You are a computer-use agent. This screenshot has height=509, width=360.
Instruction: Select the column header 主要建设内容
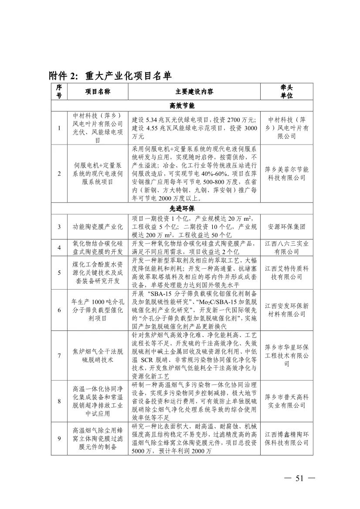(194, 92)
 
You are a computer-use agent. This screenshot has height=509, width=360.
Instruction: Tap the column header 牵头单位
(286, 92)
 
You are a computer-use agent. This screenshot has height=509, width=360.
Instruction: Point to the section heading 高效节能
(182, 106)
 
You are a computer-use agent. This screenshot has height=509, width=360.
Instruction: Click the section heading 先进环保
(182, 209)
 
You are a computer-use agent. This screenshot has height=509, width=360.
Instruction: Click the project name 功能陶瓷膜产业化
(97, 227)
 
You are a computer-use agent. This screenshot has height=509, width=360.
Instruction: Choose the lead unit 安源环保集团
(286, 227)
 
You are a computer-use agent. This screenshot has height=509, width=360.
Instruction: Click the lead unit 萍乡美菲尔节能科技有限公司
(286, 174)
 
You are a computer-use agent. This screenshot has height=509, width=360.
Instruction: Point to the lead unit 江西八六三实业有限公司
(286, 248)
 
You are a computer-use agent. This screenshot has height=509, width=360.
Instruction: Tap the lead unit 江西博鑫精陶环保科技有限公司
(286, 438)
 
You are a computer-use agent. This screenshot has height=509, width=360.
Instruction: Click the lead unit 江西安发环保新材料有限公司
(286, 310)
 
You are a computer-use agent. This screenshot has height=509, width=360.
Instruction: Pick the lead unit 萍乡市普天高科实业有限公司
(286, 401)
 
